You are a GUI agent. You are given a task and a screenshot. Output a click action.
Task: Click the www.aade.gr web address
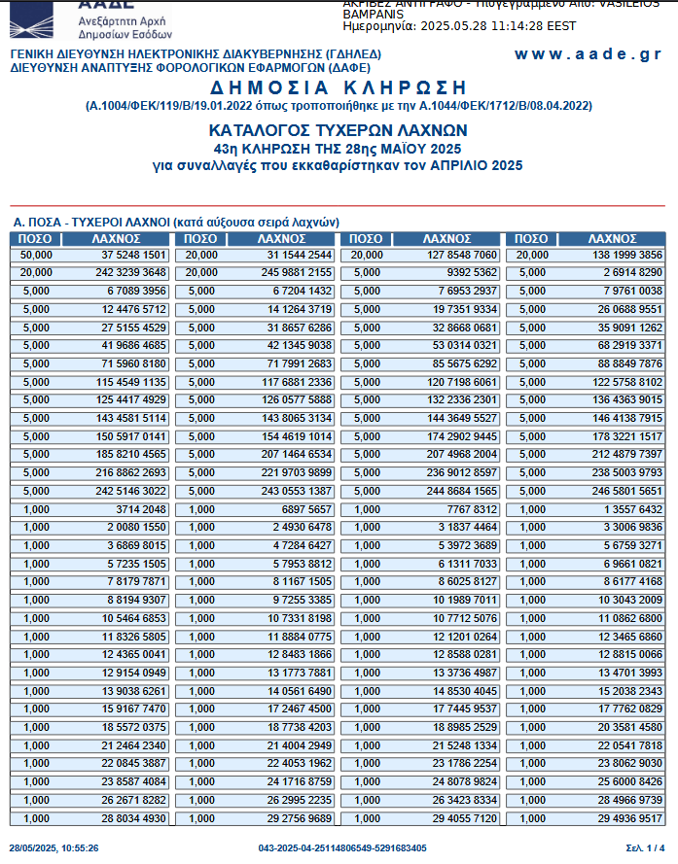588,54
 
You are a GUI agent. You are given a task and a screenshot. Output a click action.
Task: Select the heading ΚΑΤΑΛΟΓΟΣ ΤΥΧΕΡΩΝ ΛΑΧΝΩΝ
338,129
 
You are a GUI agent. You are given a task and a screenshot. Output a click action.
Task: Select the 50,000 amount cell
36,255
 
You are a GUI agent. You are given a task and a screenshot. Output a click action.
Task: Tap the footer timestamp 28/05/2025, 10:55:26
54,848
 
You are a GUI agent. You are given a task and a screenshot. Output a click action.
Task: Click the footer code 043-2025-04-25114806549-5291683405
342,848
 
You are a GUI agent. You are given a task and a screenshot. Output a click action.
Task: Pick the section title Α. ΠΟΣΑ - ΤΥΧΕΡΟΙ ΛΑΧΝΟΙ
175,223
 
